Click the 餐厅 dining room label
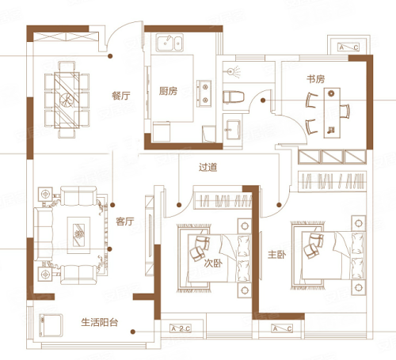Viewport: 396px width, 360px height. coord(121,96)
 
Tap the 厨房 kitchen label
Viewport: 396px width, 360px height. coord(168,91)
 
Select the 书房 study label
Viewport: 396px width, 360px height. coord(315,79)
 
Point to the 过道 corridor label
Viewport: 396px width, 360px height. coord(208,167)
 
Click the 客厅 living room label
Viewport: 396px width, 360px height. coord(125,222)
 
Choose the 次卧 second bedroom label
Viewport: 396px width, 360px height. coord(213,263)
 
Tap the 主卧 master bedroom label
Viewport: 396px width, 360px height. coord(276,255)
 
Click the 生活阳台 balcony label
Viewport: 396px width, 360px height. coord(100,322)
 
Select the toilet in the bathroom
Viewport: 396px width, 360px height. coord(234,97)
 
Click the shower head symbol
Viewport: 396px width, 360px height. coord(234,72)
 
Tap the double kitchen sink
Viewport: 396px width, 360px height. coord(169,43)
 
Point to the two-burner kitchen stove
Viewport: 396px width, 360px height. coord(204,93)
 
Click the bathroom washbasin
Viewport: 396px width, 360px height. coord(232,130)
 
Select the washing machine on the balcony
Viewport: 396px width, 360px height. coord(51,325)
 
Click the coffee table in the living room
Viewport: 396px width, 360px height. coord(78,235)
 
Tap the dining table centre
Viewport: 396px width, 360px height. coord(67,100)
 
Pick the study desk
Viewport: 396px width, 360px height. coord(332,113)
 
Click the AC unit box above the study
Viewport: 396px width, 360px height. coord(348,47)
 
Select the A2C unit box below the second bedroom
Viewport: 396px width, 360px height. coord(181,328)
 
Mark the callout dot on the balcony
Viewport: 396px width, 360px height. coord(133,332)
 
